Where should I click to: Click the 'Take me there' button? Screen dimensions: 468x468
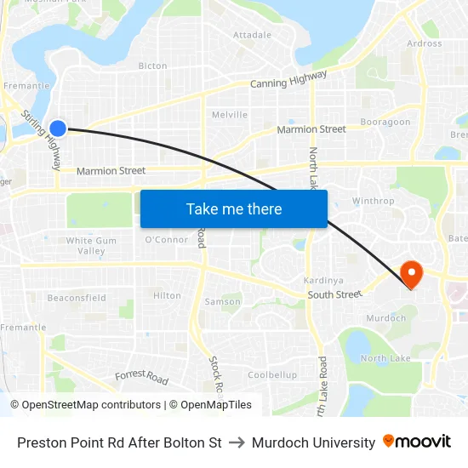pos(234,208)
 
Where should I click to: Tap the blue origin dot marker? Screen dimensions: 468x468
pos(58,128)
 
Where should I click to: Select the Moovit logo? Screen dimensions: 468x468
pos(417,442)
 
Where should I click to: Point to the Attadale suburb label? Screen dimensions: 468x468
pos(252,35)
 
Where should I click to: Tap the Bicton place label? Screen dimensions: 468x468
pos(152,66)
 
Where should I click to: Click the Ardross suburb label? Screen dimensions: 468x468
pos(425,43)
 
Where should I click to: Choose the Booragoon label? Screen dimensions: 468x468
pos(385,123)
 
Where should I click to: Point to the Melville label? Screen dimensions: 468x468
pos(230,115)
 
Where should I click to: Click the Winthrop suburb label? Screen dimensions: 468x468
pos(373,202)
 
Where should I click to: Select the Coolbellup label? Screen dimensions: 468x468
pos(272,375)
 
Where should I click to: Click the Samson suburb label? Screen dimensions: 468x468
pos(223,302)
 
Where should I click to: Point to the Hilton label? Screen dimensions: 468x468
pos(167,296)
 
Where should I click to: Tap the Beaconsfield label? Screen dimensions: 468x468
pos(77,298)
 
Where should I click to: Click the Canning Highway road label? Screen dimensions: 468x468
pos(288,79)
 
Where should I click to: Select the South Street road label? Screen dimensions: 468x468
pos(334,294)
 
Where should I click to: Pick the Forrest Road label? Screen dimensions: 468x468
pos(142,375)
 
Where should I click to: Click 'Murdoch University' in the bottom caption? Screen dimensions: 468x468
pos(314,442)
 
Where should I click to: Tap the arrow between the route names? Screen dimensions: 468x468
pos(237,442)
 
